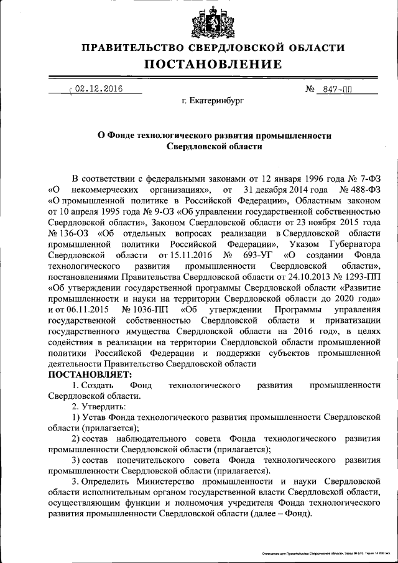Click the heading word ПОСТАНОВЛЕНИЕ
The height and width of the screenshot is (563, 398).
[x=214, y=64]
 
